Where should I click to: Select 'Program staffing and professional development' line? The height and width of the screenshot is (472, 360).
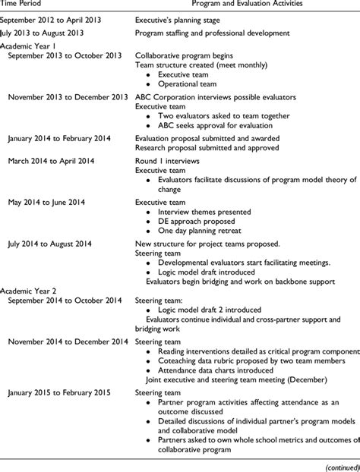[212, 34]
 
